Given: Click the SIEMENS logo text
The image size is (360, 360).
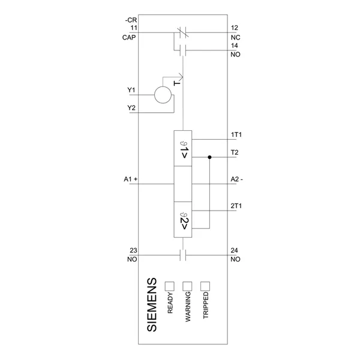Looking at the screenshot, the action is click(x=152, y=305).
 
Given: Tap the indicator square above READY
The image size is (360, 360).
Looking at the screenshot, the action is click(x=169, y=286).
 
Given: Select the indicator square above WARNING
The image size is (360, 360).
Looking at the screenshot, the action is click(x=187, y=286).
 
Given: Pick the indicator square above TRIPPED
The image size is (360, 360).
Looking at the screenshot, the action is click(x=205, y=286).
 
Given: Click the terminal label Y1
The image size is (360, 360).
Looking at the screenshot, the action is click(x=131, y=90).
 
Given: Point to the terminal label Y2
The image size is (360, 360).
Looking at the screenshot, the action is click(x=131, y=107).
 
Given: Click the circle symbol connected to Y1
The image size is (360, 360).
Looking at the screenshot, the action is click(x=163, y=95).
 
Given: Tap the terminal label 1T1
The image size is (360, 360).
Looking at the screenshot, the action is click(x=236, y=134).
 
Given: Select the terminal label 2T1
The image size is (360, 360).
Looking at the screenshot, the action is click(x=236, y=206).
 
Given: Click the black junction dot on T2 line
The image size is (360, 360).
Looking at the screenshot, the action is click(x=209, y=157).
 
